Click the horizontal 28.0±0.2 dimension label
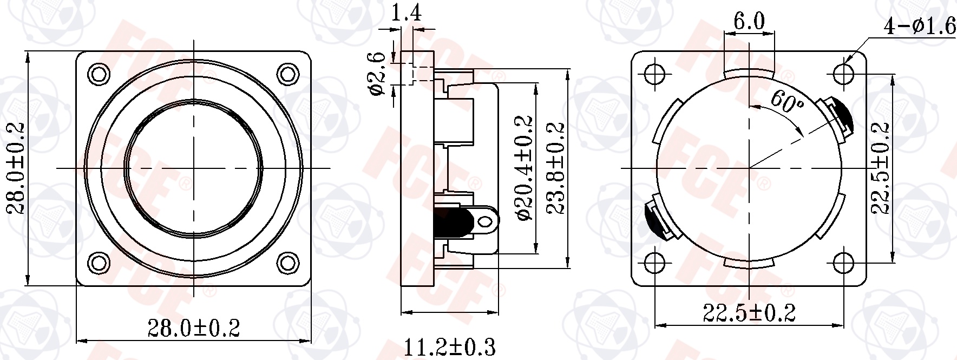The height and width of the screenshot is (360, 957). [x=193, y=328]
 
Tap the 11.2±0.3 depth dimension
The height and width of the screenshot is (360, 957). [x=450, y=346]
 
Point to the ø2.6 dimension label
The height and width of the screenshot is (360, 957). [x=377, y=74]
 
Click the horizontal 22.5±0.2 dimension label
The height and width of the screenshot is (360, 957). [x=749, y=313]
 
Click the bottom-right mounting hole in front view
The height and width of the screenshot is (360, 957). [x=287, y=263]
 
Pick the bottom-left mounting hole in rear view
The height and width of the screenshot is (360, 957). [x=654, y=263]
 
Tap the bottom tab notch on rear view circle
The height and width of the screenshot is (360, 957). [x=749, y=263]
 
